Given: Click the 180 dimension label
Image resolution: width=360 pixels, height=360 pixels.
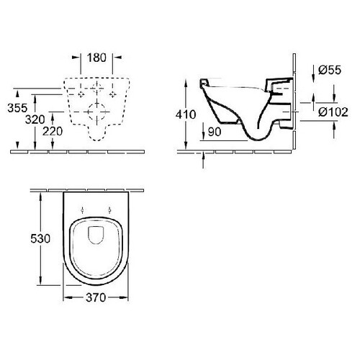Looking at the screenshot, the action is (96, 58).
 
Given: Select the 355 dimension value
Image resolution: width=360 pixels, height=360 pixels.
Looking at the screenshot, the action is (17, 108).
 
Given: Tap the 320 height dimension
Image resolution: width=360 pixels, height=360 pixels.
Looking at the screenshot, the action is (35, 120).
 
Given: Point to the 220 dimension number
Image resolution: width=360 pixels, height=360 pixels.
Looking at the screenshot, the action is (53, 131).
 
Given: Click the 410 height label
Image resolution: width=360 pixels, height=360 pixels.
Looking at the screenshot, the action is (186, 114).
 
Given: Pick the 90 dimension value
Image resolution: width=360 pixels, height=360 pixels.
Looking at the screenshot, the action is (215, 132).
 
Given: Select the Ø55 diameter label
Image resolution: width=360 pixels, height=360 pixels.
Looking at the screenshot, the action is (330, 70).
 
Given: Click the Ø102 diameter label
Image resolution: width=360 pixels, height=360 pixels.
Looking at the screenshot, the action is (333, 112).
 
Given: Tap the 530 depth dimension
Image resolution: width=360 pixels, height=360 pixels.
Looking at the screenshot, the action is (40, 238).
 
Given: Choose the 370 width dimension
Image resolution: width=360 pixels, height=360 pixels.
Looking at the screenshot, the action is (96, 297).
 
